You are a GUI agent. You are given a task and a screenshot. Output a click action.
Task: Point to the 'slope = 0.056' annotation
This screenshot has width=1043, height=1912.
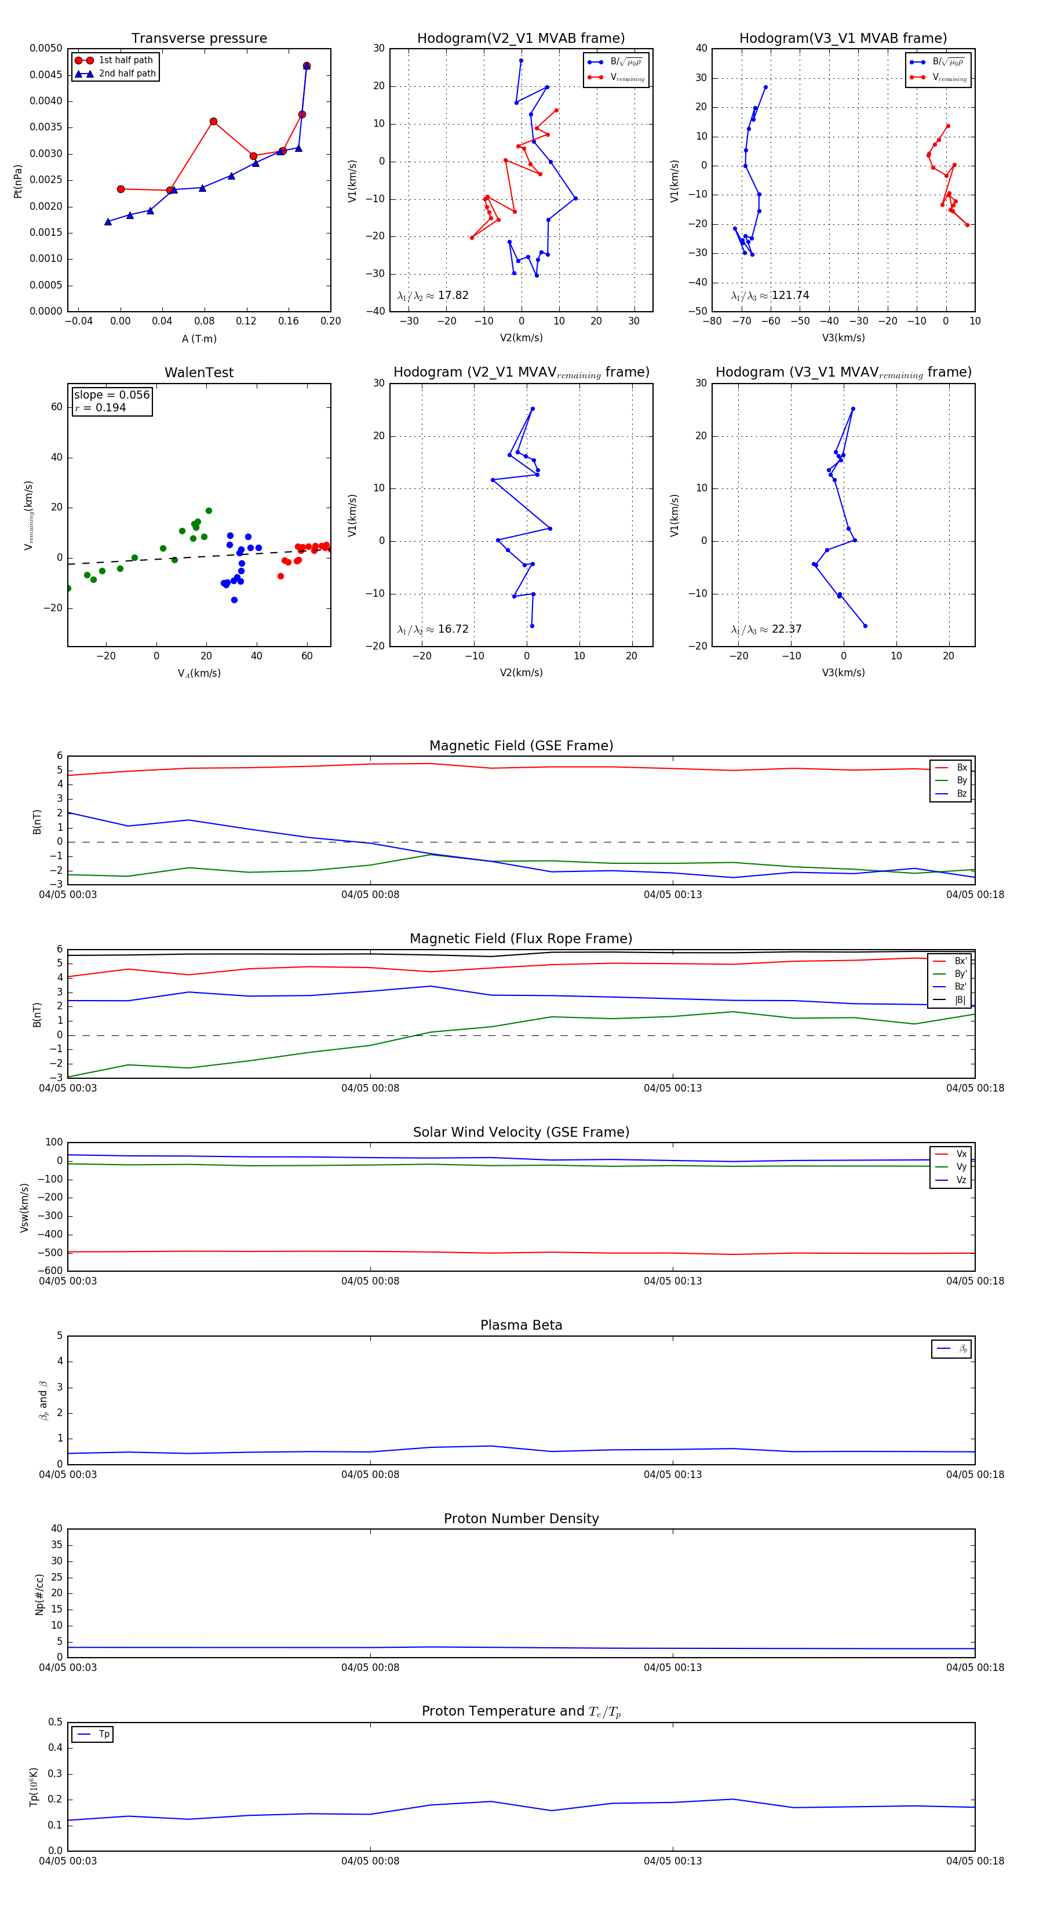(111, 395)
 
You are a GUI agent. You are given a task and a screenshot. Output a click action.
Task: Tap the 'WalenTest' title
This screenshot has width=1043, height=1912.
(199, 373)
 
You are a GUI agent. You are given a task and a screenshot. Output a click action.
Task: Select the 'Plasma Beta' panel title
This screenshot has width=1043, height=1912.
(521, 1325)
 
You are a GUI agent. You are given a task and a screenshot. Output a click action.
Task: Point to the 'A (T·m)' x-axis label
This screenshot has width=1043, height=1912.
(199, 338)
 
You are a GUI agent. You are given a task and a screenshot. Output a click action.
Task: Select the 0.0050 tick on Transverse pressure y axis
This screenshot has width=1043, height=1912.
(46, 48)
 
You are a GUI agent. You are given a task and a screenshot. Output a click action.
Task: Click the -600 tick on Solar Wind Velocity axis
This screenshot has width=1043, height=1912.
(50, 1271)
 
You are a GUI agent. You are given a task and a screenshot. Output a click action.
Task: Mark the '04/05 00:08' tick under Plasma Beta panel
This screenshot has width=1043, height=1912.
(370, 1474)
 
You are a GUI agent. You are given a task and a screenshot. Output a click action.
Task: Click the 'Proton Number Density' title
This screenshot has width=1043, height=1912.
(521, 1518)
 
